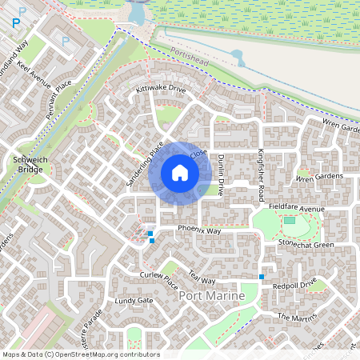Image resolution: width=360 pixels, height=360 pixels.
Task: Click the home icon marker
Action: (x=180, y=173)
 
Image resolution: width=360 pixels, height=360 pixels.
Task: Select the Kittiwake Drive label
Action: (x=161, y=89)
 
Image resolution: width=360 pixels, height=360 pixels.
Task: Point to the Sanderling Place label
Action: (x=145, y=164)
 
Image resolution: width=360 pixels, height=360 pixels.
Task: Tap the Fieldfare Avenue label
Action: (x=297, y=208)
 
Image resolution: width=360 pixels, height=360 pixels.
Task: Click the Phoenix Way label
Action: (x=199, y=230)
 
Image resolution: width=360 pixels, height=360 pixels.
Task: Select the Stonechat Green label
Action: (x=306, y=244)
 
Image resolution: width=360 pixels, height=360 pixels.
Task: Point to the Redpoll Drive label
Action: (x=295, y=285)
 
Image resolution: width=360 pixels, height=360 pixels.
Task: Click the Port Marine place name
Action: (x=207, y=296)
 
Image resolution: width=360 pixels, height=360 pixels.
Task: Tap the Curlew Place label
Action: (x=158, y=279)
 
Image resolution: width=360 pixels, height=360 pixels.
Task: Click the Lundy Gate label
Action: (x=134, y=301)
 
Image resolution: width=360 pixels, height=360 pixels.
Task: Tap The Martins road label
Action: (x=298, y=318)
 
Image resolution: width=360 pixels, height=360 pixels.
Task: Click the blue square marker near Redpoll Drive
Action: (x=261, y=277)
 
